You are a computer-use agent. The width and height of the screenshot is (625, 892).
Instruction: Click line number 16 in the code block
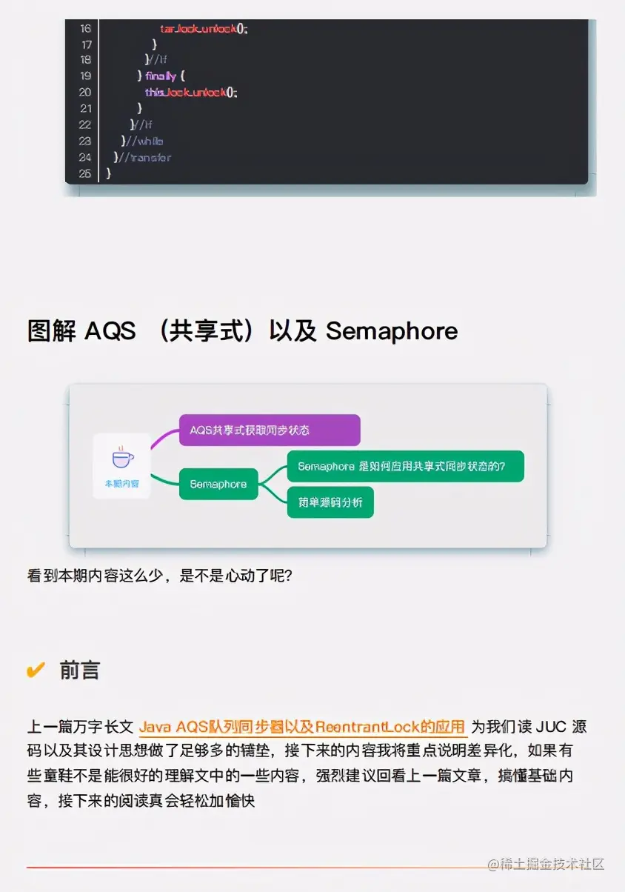85,28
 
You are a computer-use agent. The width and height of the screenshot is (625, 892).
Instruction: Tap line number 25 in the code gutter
85,173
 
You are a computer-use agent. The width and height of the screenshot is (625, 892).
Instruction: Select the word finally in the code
161,76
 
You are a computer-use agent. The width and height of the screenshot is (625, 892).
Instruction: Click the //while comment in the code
144,141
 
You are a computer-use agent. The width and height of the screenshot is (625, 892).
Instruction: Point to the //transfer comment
147,157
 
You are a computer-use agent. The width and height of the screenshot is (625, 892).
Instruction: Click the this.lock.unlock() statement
192,93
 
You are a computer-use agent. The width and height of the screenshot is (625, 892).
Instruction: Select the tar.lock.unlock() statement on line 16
204,28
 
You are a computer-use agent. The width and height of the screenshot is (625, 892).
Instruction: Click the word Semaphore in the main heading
392,331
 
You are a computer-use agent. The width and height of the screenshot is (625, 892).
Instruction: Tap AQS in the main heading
110,331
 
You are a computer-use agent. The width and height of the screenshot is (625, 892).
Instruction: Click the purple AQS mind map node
270,430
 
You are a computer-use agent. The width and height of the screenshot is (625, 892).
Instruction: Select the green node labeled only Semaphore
218,485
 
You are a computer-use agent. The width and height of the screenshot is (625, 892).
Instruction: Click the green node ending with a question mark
405,467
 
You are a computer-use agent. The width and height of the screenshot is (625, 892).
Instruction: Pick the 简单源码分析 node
330,502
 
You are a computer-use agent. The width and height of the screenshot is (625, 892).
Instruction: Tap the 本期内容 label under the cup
122,483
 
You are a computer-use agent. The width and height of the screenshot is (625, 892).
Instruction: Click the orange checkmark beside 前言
36,670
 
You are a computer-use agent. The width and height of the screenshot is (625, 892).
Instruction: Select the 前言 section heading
80,670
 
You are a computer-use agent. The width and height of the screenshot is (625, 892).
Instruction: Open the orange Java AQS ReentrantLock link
302,727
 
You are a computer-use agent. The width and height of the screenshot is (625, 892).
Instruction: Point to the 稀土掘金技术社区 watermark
546,864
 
